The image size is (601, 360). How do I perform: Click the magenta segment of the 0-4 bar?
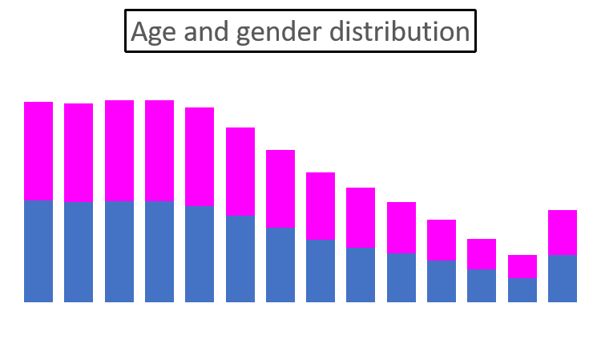pyautogui.click(x=38, y=151)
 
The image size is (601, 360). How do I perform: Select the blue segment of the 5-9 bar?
pyautogui.click(x=79, y=252)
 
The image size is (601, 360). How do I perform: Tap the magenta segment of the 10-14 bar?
pyautogui.click(x=119, y=151)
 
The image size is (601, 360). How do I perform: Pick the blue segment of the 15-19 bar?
pyautogui.click(x=159, y=252)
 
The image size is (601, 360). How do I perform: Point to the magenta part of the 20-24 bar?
pyautogui.click(x=200, y=156)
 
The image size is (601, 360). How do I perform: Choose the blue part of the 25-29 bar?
pyautogui.click(x=240, y=259)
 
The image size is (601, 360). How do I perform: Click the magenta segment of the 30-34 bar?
pyautogui.click(x=280, y=188)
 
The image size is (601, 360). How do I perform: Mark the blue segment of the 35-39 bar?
pyautogui.click(x=321, y=271)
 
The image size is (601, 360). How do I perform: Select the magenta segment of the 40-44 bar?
pyautogui.click(x=361, y=217)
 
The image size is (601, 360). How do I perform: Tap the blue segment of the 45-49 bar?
pyautogui.click(x=401, y=277)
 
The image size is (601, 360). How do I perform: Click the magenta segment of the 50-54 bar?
pyautogui.click(x=442, y=240)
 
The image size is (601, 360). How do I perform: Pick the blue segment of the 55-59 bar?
pyautogui.click(x=482, y=285)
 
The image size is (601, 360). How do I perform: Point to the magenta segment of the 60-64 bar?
pyautogui.click(x=522, y=266)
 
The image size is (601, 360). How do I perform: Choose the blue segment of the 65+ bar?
pyautogui.click(x=563, y=278)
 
